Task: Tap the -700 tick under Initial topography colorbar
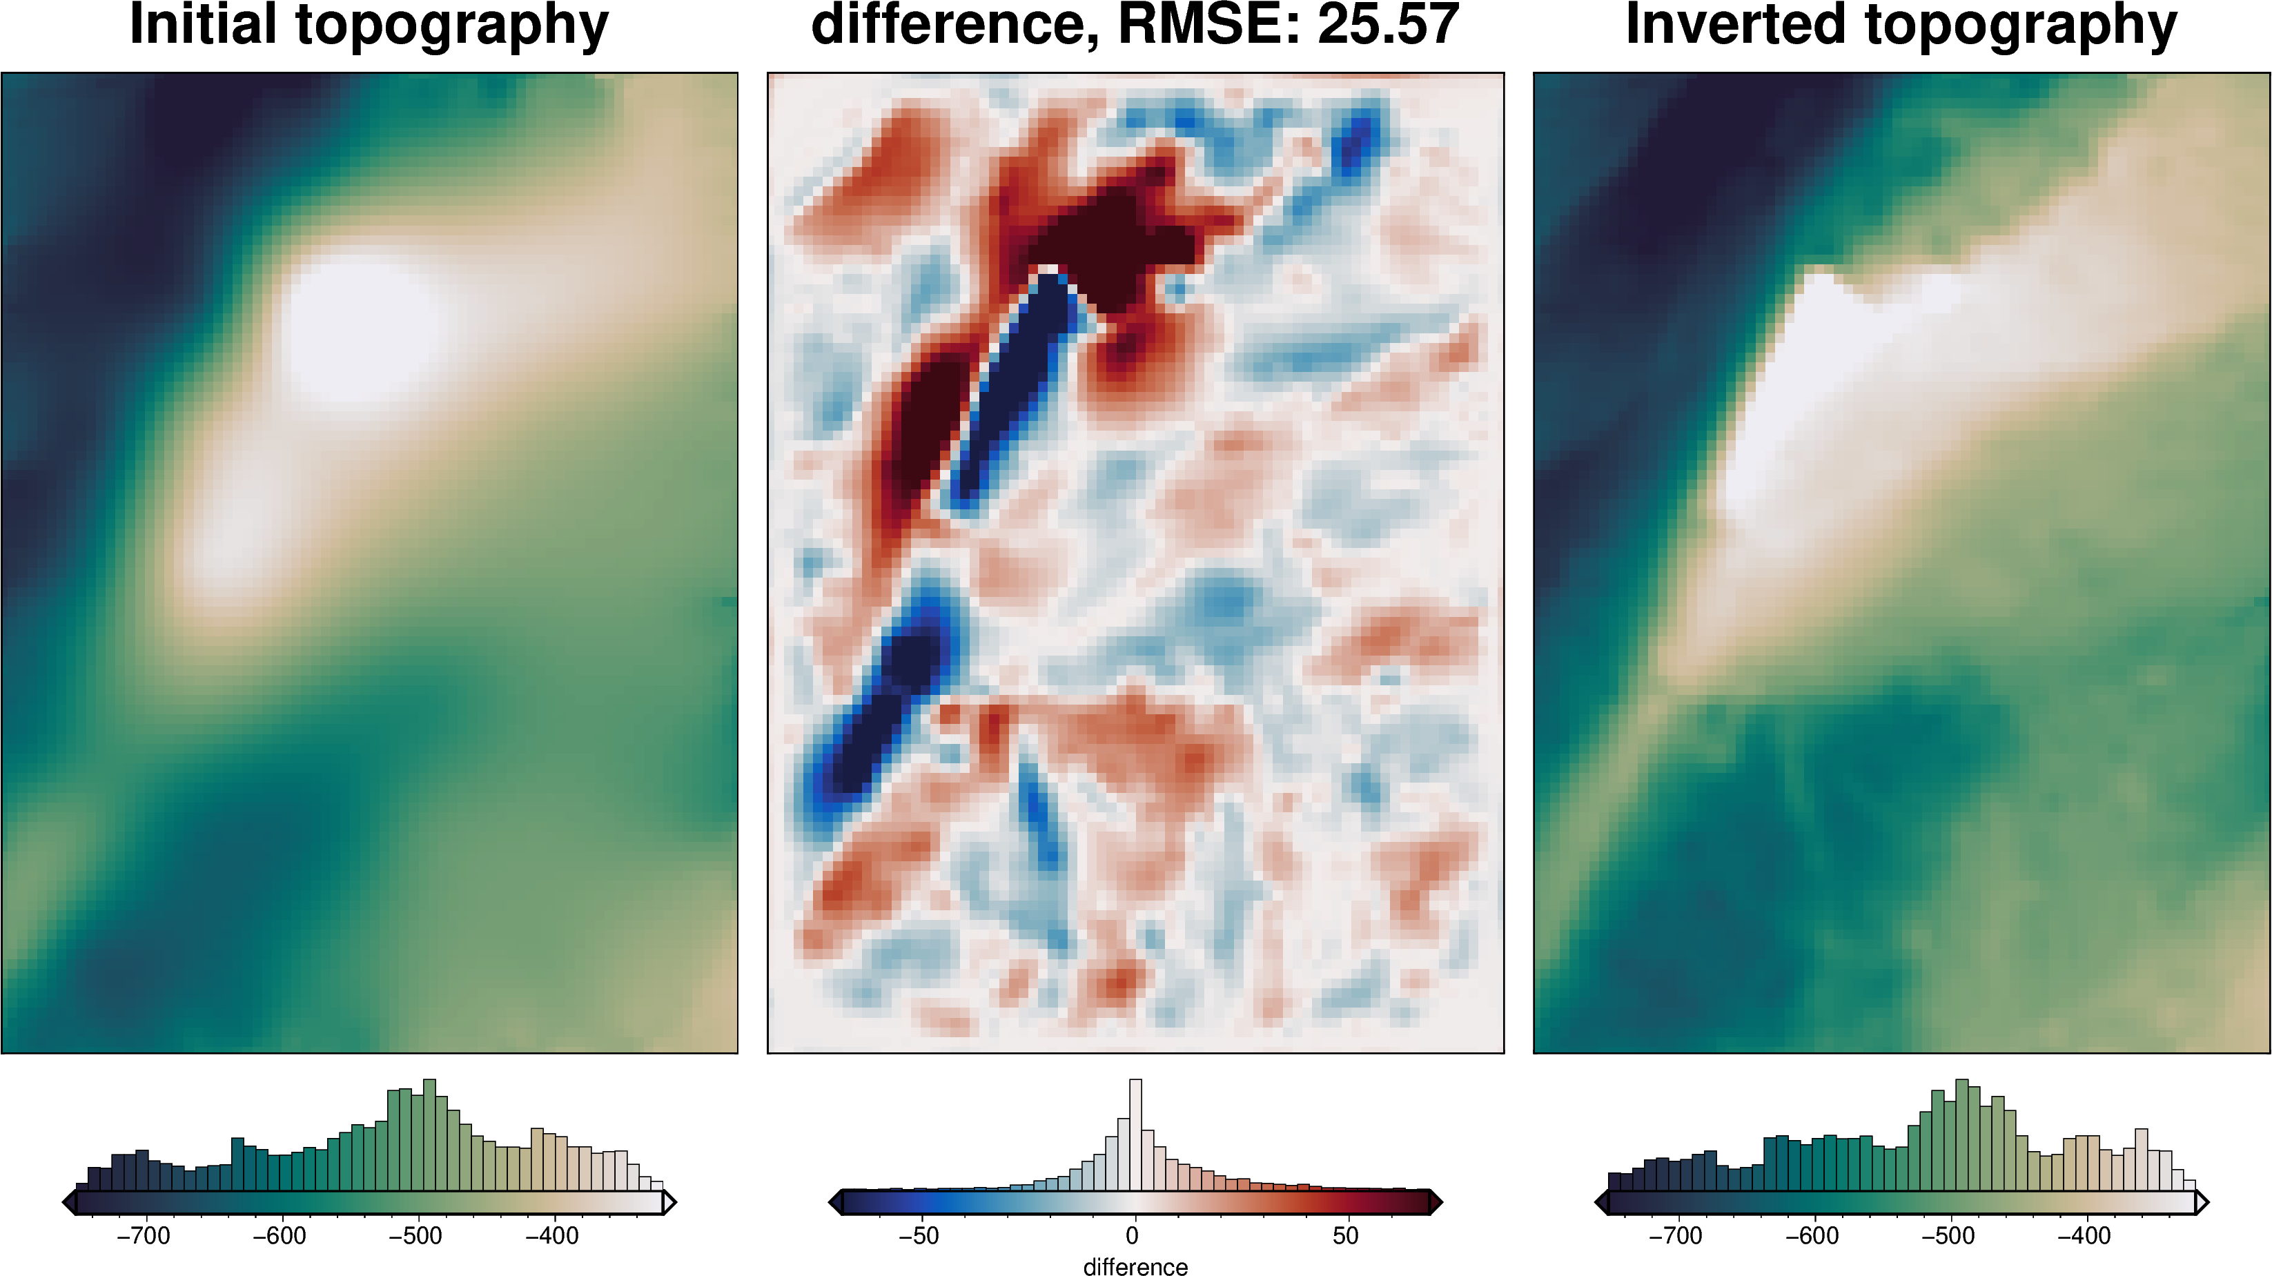143,1235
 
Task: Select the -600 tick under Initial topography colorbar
280,1235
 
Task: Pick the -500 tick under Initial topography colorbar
415,1235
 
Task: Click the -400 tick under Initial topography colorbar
552,1235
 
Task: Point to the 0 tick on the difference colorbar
1133,1235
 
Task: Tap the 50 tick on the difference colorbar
1346,1235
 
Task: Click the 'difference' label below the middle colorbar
1135,1266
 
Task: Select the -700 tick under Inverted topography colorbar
1675,1235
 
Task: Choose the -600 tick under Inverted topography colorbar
1812,1235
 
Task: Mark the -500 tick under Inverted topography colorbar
1948,1235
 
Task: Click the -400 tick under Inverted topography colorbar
2084,1235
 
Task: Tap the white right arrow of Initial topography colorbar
669,1202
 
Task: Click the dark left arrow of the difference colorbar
835,1202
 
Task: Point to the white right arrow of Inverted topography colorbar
2202,1202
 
